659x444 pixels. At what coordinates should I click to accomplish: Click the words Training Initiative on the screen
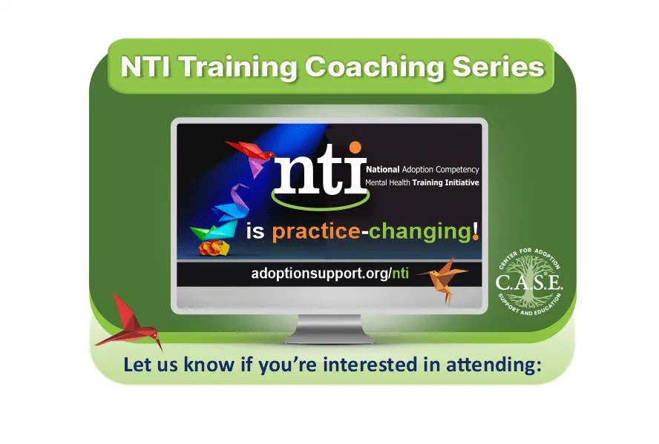(445, 182)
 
